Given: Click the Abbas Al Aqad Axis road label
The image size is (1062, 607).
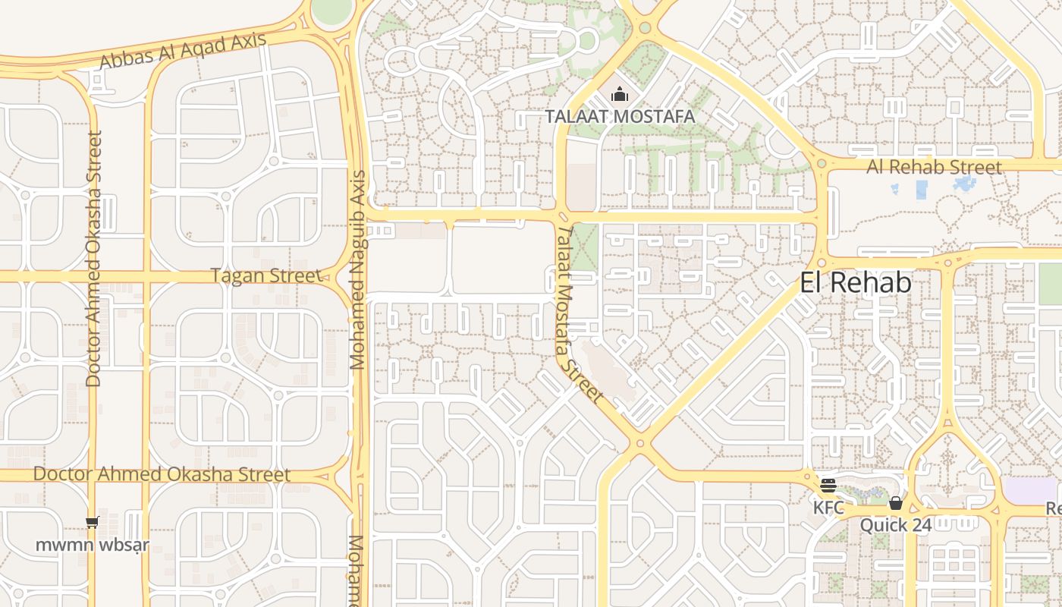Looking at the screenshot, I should click(183, 51).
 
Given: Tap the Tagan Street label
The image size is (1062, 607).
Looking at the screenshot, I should click(266, 275).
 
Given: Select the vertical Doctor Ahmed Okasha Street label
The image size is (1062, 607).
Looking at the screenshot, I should click(94, 259).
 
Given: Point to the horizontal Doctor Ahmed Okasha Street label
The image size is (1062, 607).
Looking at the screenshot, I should click(162, 475).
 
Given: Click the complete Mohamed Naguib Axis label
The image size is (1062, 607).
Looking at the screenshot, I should click(358, 269).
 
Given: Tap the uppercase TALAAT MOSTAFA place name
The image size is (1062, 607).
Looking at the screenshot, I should click(620, 117).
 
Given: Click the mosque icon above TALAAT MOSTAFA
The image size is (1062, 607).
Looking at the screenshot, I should click(620, 96).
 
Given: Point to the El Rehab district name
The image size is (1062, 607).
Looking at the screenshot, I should click(855, 283).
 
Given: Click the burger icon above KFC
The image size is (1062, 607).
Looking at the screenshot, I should click(828, 486).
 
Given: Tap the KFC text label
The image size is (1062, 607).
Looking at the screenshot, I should click(828, 507).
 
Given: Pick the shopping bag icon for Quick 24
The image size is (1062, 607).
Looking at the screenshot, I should click(895, 503).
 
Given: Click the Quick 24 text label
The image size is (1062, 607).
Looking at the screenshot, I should click(895, 525).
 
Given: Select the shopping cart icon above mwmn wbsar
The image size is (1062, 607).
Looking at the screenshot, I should click(93, 522).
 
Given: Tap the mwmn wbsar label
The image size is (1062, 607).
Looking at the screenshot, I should click(93, 545).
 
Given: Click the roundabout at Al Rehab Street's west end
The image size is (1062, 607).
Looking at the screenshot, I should click(822, 164).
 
